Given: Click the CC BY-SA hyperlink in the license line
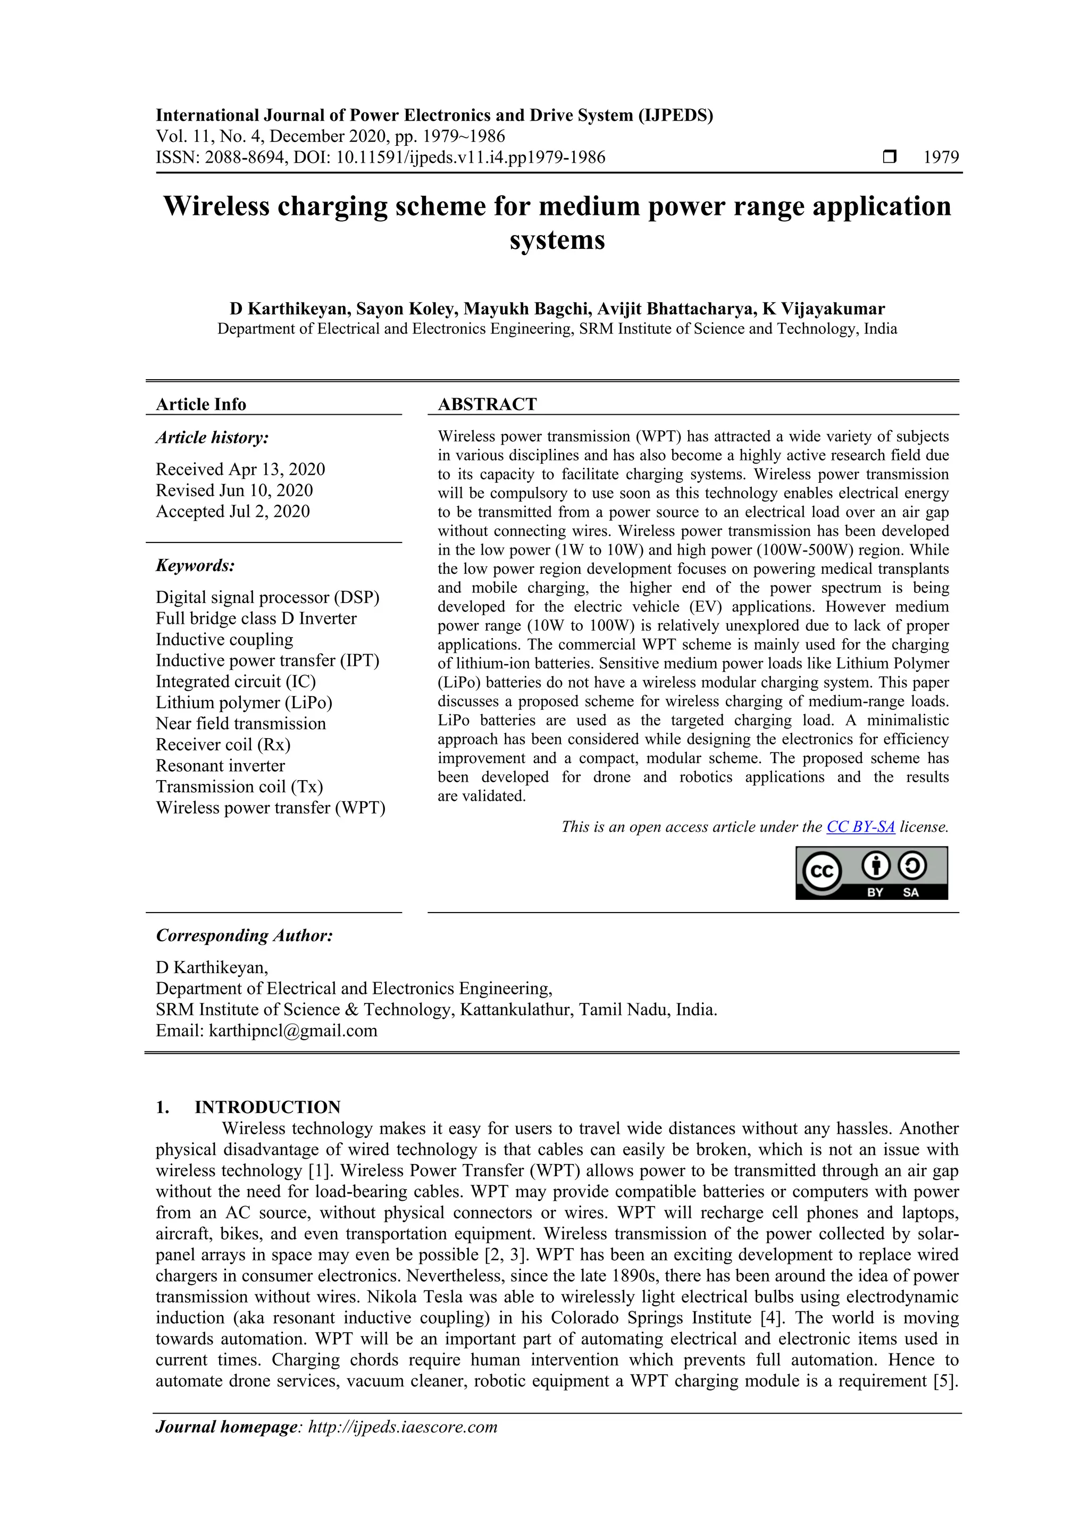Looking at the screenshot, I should click(x=860, y=827).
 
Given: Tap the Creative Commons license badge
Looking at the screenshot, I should click(x=871, y=873).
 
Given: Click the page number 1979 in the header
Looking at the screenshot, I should click(x=941, y=157).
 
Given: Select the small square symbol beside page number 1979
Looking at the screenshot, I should click(x=889, y=157).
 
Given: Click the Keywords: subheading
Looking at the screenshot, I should click(x=195, y=565).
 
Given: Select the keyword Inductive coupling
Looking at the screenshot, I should click(x=224, y=639).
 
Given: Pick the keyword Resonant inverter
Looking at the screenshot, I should click(x=220, y=765).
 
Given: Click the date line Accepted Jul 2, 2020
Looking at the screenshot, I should click(x=233, y=511).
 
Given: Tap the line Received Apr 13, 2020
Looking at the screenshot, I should click(x=240, y=469).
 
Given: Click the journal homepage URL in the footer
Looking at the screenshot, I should click(x=403, y=1427).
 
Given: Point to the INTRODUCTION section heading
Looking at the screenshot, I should click(x=267, y=1107).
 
